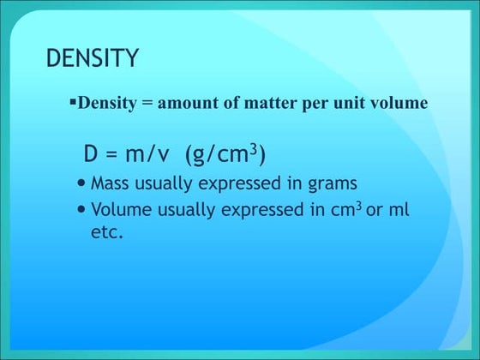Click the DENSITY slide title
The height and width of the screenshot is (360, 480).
92,58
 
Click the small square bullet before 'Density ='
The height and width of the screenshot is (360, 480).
73,103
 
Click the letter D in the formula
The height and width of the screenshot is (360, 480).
91,155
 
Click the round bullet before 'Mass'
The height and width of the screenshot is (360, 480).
81,183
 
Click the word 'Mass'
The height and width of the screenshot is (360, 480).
109,183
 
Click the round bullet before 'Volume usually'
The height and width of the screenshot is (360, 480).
81,209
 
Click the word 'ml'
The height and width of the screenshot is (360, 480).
399,210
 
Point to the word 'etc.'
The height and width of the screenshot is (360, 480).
107,231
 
